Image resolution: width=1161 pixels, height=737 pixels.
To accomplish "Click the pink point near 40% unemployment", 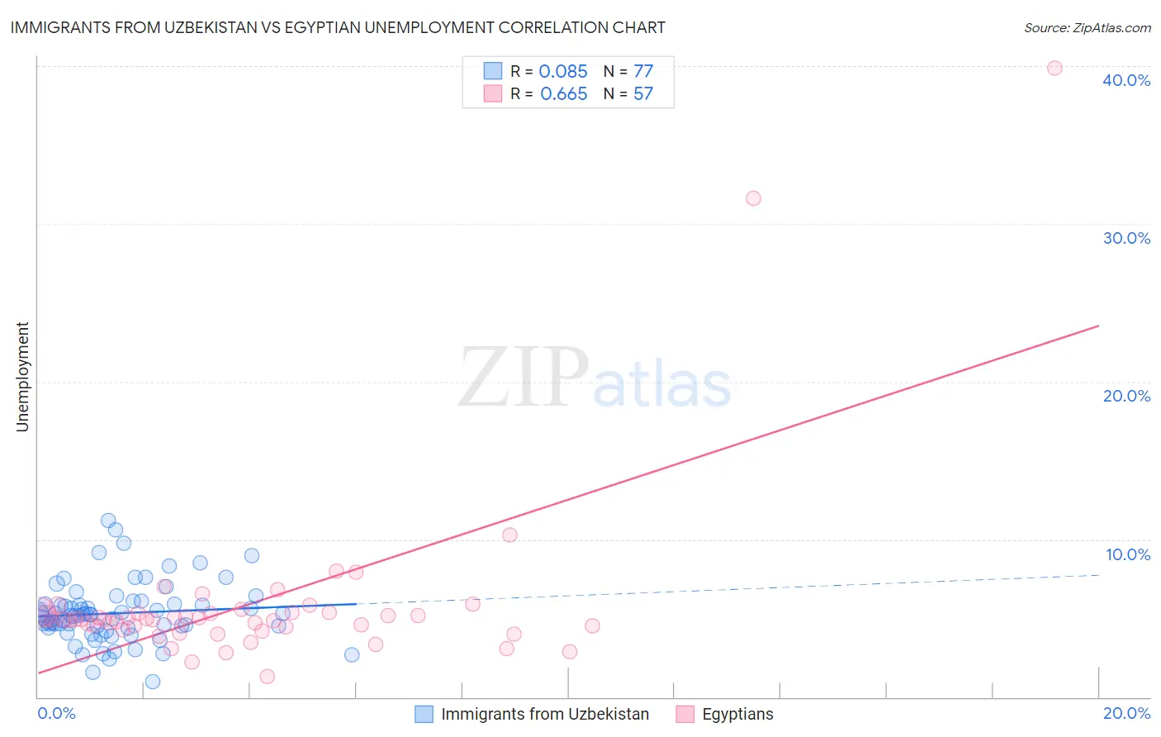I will tap(1054, 68).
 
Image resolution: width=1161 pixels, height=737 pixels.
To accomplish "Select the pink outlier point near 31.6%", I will tap(753, 198).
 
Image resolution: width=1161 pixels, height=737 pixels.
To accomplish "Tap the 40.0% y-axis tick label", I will tap(1126, 80).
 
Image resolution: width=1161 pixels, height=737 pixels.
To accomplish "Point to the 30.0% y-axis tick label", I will tap(1126, 238).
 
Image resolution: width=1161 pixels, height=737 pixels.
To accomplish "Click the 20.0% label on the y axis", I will tap(1126, 396).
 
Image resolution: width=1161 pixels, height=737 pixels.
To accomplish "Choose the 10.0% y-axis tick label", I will tap(1127, 554).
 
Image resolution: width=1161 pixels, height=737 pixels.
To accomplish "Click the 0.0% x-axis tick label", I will tap(56, 713).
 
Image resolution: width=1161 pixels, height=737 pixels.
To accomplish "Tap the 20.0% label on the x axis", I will tap(1126, 713).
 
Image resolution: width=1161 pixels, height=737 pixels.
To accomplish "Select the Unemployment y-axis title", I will tap(23, 377).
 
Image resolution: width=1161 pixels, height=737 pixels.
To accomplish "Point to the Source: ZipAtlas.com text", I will tap(1087, 27).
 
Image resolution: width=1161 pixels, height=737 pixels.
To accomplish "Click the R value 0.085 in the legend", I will tap(563, 72).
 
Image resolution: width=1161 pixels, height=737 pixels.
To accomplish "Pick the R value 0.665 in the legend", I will tap(563, 94).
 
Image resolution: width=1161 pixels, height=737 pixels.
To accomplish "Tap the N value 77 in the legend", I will tap(643, 72).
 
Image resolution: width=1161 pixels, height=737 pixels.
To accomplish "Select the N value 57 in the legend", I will tap(643, 94).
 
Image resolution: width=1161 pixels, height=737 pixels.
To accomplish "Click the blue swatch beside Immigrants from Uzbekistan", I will tap(424, 714).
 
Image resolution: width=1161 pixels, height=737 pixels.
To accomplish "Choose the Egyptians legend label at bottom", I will tap(737, 714).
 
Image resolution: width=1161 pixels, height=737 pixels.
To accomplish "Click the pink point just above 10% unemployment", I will tap(509, 535).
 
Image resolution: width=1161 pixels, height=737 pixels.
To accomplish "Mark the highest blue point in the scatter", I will tap(108, 521).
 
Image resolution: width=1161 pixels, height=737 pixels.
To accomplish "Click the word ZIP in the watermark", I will tap(523, 378).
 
